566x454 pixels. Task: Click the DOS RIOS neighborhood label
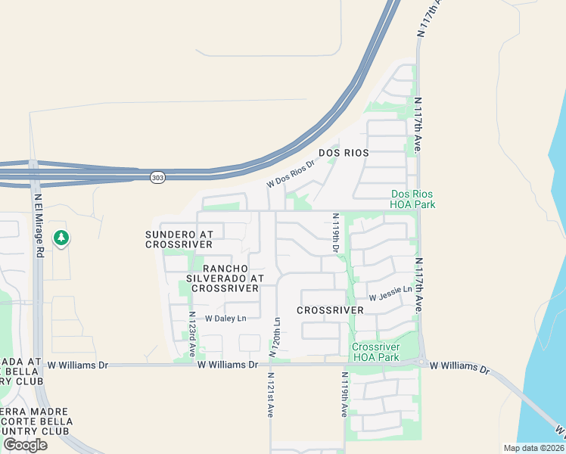click(344, 153)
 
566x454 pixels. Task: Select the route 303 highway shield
click(157, 177)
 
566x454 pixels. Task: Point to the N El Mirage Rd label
click(39, 226)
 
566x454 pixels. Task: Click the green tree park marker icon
click(61, 238)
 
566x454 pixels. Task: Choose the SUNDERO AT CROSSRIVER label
click(179, 240)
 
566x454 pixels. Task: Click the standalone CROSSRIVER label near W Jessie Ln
click(325, 311)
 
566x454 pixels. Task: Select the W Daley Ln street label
click(225, 319)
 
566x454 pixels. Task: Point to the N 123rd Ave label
click(192, 334)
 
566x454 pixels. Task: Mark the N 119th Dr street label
click(336, 233)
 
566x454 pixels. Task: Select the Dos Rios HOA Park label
click(412, 199)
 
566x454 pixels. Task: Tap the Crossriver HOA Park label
click(375, 352)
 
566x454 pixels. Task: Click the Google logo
click(25, 445)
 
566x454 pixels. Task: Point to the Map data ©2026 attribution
click(533, 448)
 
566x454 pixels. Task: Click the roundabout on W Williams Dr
click(421, 362)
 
